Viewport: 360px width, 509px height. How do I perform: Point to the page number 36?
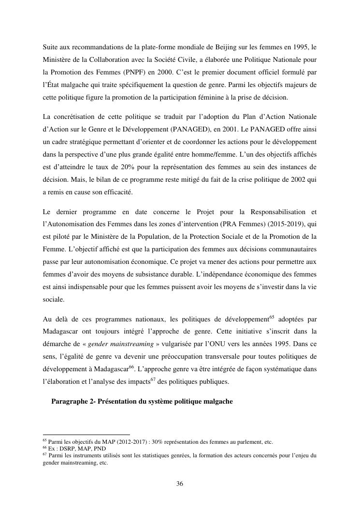[180, 483]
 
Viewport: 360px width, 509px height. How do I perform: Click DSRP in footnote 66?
[66, 449]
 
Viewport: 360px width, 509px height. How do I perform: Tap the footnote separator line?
[86, 435]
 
